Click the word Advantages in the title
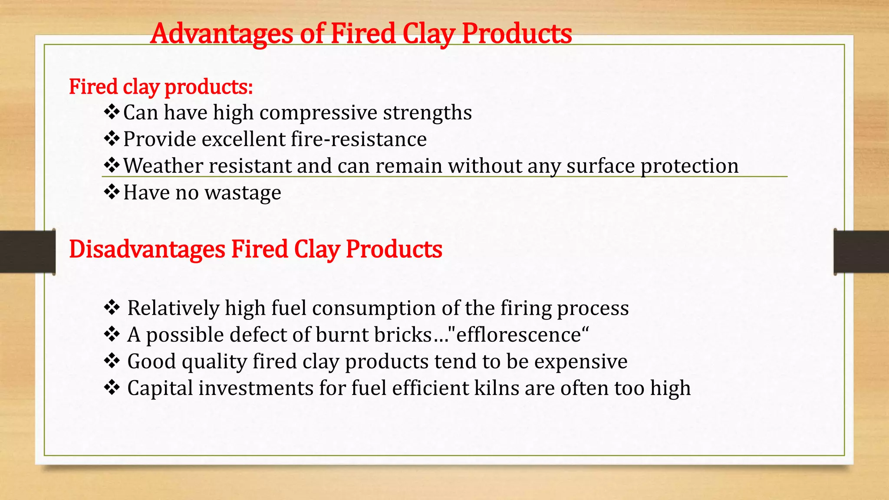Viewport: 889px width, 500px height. click(221, 33)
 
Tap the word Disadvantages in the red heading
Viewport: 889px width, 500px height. click(147, 250)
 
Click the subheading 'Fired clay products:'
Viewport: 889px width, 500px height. click(161, 87)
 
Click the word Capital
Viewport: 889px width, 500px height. click(160, 388)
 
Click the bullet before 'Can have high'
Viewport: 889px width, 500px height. click(112, 112)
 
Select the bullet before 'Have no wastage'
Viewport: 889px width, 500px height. click(112, 192)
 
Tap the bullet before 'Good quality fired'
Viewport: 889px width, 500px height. click(112, 361)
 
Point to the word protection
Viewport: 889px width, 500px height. click(689, 166)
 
